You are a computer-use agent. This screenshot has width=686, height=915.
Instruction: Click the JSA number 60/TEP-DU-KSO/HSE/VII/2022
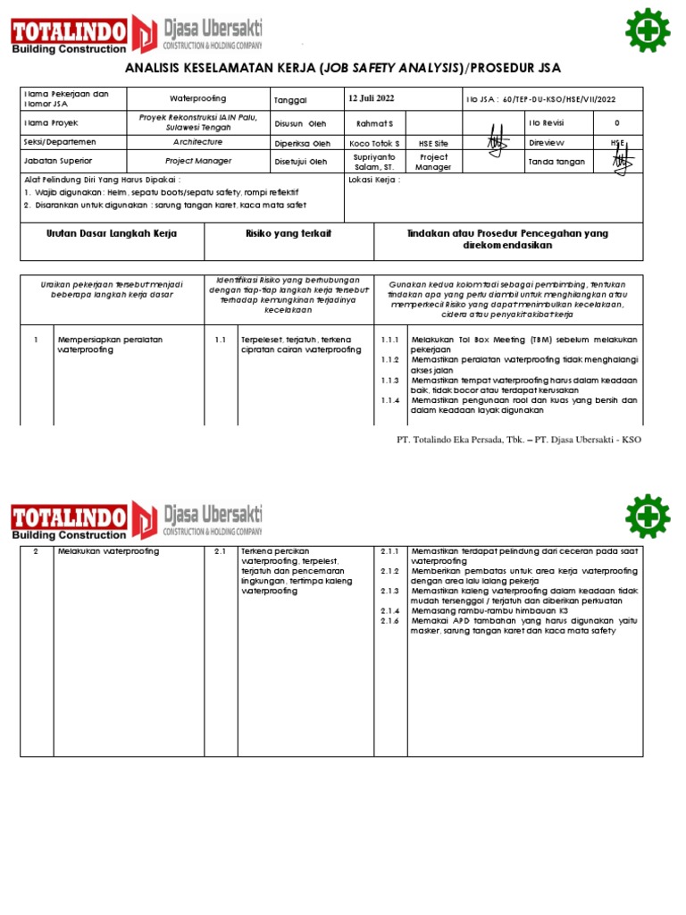(557, 98)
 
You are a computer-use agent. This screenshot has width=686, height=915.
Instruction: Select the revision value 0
(616, 122)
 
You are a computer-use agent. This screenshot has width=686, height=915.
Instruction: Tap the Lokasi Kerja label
(373, 179)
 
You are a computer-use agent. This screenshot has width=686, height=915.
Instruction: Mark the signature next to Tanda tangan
(622, 161)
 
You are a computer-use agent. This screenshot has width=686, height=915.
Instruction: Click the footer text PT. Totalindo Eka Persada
(454, 440)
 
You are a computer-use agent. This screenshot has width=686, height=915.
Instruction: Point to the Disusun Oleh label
(300, 122)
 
